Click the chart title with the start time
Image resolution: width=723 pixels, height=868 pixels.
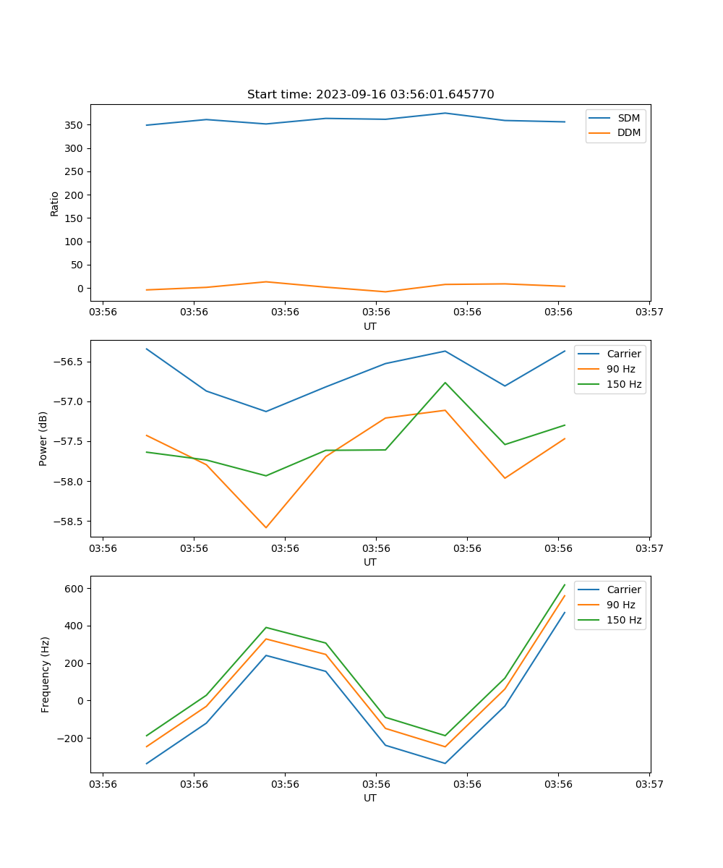370,95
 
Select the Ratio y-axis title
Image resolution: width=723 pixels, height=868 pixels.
55,203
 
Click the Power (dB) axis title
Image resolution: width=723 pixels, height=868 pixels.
43,438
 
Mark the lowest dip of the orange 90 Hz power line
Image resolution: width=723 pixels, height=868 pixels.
266,527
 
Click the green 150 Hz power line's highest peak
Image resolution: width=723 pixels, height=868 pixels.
445,383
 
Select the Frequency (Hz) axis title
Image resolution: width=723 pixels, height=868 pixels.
45,674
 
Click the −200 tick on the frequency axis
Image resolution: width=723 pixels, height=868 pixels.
72,738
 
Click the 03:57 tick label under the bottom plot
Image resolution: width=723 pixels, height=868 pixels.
649,784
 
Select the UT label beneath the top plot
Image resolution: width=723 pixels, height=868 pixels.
370,326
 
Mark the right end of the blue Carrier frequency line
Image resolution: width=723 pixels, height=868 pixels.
565,613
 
